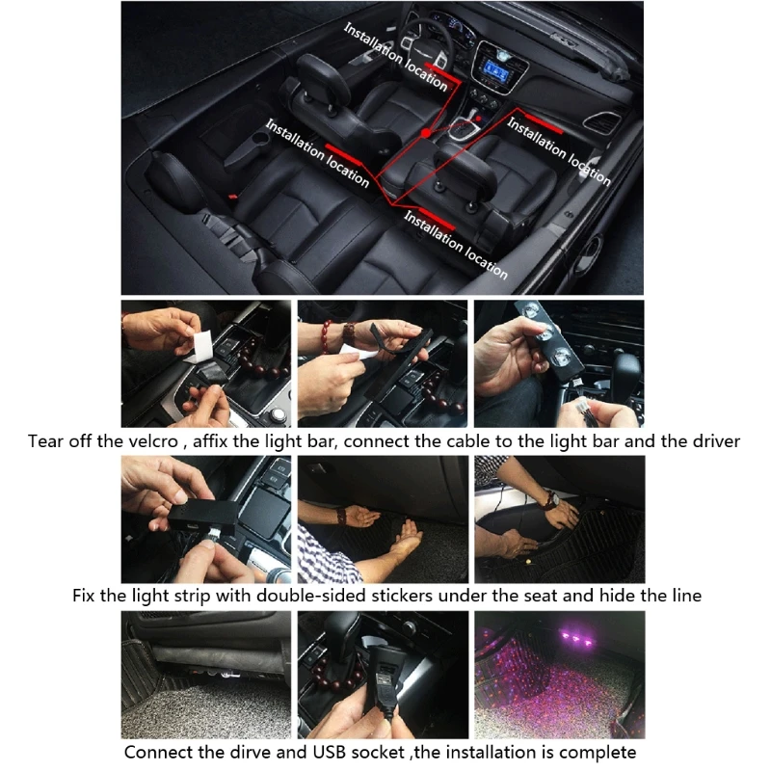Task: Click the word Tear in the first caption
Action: [47, 440]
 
